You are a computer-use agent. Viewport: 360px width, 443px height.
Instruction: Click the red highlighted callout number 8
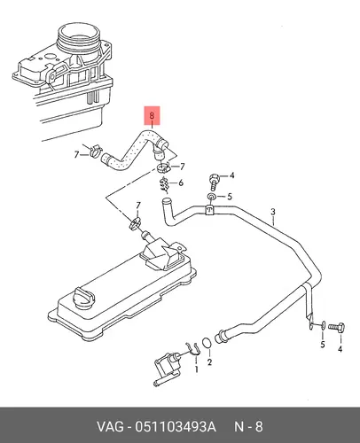[152, 115]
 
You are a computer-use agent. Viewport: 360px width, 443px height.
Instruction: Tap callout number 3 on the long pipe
[273, 212]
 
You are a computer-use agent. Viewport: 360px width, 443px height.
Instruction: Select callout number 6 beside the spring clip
[181, 183]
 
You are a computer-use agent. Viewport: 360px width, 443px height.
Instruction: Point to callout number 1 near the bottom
[196, 369]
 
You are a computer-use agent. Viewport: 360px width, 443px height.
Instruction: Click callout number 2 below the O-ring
[209, 362]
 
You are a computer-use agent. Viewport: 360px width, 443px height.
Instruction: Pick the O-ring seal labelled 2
[207, 343]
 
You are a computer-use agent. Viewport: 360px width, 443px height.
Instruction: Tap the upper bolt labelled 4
[215, 182]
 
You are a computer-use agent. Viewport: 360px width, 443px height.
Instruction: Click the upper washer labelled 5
[212, 197]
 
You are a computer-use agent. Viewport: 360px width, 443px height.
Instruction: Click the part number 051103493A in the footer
[176, 427]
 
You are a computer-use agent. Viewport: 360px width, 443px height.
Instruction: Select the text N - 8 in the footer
[248, 427]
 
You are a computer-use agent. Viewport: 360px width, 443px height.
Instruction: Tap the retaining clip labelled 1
[192, 349]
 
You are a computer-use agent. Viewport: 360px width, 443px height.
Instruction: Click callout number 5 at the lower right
[323, 345]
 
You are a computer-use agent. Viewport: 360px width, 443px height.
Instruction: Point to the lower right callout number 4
[340, 349]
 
